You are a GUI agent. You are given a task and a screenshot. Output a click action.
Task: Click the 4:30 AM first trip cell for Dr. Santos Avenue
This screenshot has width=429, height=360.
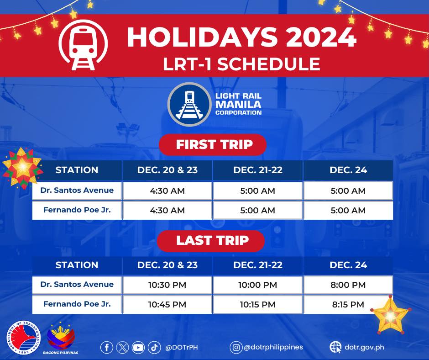click(x=167, y=191)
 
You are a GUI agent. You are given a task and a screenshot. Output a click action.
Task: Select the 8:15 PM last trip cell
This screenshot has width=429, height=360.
click(x=348, y=304)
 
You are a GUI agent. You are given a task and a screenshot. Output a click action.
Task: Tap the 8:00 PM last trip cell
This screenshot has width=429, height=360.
click(x=348, y=285)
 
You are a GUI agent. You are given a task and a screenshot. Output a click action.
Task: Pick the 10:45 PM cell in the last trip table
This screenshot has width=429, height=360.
click(x=167, y=304)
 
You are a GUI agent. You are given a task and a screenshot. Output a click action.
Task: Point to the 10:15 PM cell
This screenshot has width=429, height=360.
click(x=258, y=304)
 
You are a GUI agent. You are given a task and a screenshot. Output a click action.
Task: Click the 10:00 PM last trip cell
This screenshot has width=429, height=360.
click(x=258, y=285)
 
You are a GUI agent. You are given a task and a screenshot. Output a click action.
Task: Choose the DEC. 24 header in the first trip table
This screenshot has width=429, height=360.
click(x=348, y=170)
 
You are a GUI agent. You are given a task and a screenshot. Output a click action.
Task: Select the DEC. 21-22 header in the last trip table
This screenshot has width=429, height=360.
click(x=258, y=265)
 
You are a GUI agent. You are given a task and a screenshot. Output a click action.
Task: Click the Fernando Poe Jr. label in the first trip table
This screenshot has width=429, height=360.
click(x=77, y=210)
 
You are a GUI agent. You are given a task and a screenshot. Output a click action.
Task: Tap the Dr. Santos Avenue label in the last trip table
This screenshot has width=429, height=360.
click(x=77, y=284)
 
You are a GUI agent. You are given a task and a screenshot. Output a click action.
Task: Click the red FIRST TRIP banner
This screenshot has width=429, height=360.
click(x=213, y=145)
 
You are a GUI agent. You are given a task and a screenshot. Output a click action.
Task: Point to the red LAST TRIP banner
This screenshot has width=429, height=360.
click(x=211, y=241)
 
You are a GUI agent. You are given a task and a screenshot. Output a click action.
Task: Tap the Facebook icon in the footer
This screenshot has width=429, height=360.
click(x=107, y=347)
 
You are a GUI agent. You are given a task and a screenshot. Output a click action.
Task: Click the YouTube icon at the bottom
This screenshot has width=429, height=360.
click(x=138, y=347)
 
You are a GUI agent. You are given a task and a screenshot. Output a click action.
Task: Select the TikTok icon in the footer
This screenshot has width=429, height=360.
click(x=154, y=347)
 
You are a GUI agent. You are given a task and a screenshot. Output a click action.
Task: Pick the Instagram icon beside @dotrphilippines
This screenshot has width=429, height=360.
click(x=235, y=347)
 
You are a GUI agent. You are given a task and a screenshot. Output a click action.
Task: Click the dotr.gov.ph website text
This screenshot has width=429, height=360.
click(x=364, y=347)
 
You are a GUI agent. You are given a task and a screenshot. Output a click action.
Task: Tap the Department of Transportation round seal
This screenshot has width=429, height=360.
click(x=24, y=338)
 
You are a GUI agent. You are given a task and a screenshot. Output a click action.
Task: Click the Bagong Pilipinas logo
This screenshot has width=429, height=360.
click(x=61, y=338)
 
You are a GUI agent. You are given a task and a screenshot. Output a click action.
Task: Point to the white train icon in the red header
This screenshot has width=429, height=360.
click(x=83, y=45)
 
